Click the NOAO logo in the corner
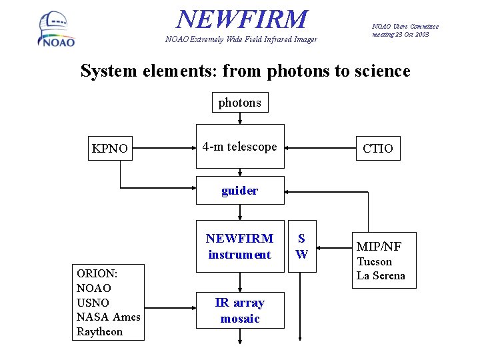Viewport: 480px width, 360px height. point(56,30)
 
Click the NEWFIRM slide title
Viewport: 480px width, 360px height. point(243,19)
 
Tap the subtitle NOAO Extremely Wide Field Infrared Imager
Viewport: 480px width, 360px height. point(241,39)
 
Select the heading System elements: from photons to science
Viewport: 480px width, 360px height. point(245,71)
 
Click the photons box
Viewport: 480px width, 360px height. point(240,103)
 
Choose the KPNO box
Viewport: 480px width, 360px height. point(109,148)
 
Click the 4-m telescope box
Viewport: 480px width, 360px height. point(239,147)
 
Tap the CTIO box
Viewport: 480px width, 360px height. point(378,148)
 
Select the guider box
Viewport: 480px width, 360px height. point(239,191)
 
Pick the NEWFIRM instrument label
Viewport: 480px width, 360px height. point(239,247)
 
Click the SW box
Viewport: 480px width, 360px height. point(301,246)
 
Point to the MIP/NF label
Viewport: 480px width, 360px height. point(379,247)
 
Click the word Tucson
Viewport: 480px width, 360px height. point(374,262)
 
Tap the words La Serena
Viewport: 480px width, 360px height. point(381,276)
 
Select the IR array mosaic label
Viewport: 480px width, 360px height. point(239,311)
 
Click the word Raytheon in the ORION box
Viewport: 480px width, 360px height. point(100,332)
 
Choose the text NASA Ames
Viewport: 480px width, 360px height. point(108,317)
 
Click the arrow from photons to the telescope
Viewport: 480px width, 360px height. point(240,118)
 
